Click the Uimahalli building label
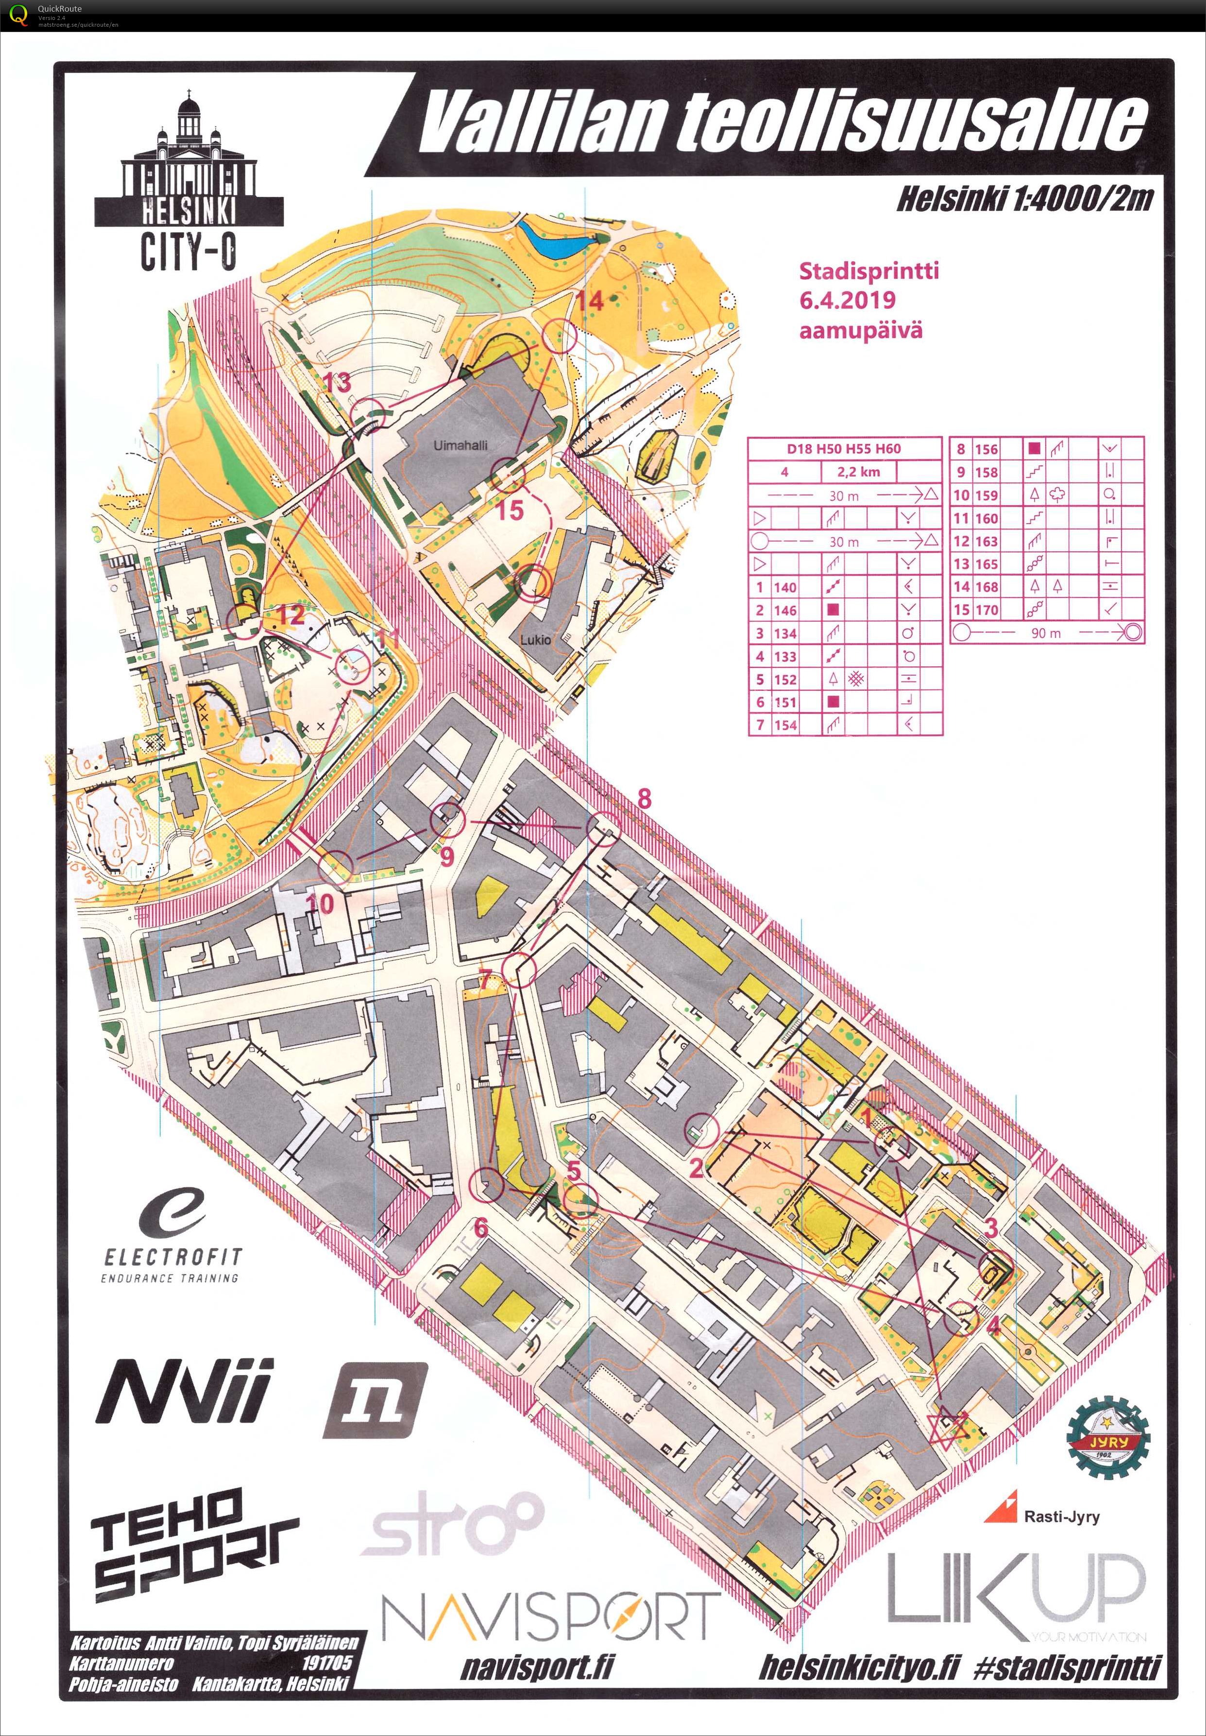[x=460, y=445]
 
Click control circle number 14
[x=560, y=336]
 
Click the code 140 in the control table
[x=785, y=587]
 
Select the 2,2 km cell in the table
[x=858, y=472]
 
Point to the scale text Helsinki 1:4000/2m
[x=1025, y=199]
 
